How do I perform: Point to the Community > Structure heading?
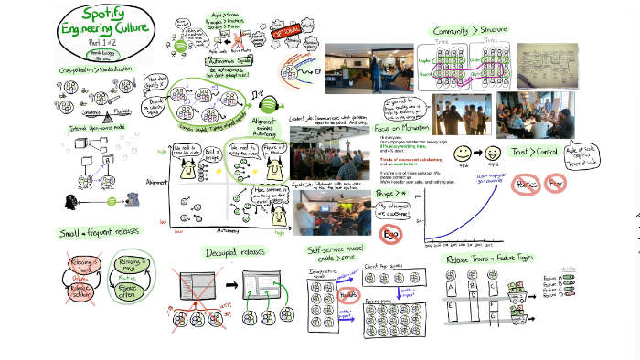click(472, 31)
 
